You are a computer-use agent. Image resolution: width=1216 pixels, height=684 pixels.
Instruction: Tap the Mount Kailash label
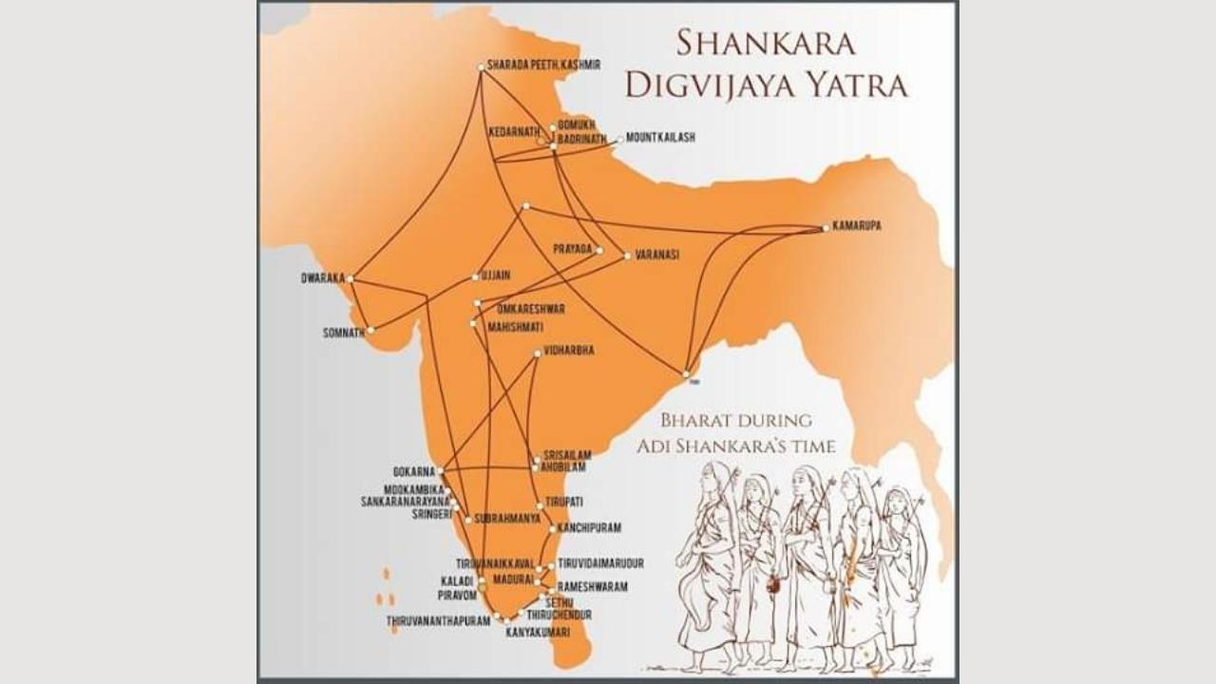(x=660, y=138)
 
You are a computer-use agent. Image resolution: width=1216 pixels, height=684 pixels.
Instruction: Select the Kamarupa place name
(x=857, y=227)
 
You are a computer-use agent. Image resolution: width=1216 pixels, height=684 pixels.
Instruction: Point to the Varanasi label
(x=656, y=255)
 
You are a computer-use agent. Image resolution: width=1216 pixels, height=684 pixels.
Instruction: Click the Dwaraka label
(x=322, y=279)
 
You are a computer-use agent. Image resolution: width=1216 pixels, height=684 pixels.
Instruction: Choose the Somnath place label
(x=344, y=333)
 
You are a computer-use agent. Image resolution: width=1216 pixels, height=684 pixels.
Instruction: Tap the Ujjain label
(x=496, y=275)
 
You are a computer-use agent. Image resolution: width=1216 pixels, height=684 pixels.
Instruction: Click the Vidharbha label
(x=569, y=351)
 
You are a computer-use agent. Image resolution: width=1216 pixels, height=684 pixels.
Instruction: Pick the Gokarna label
(x=413, y=471)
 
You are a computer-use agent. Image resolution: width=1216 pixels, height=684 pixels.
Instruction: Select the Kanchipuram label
(x=584, y=527)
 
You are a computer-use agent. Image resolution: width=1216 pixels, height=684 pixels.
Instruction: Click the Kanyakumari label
(x=538, y=633)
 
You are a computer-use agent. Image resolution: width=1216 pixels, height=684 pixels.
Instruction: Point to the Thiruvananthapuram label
(x=438, y=621)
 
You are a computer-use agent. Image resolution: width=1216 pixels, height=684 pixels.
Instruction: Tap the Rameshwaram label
(x=592, y=587)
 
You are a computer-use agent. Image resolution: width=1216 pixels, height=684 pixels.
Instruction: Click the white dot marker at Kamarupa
(x=826, y=228)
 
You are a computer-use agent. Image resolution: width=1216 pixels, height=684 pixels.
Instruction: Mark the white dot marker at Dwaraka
(x=351, y=279)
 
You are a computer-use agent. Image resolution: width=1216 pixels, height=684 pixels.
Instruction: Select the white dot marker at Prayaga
(x=599, y=251)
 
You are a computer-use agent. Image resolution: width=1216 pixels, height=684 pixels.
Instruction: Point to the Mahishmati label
(x=515, y=326)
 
